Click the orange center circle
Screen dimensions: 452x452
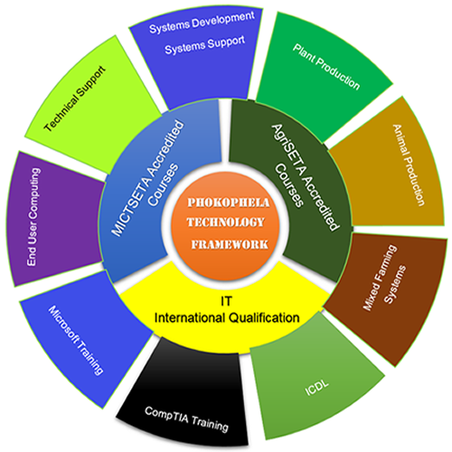[226, 221]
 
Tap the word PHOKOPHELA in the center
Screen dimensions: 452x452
[226, 202]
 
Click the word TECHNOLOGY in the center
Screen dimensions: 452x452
[226, 222]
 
